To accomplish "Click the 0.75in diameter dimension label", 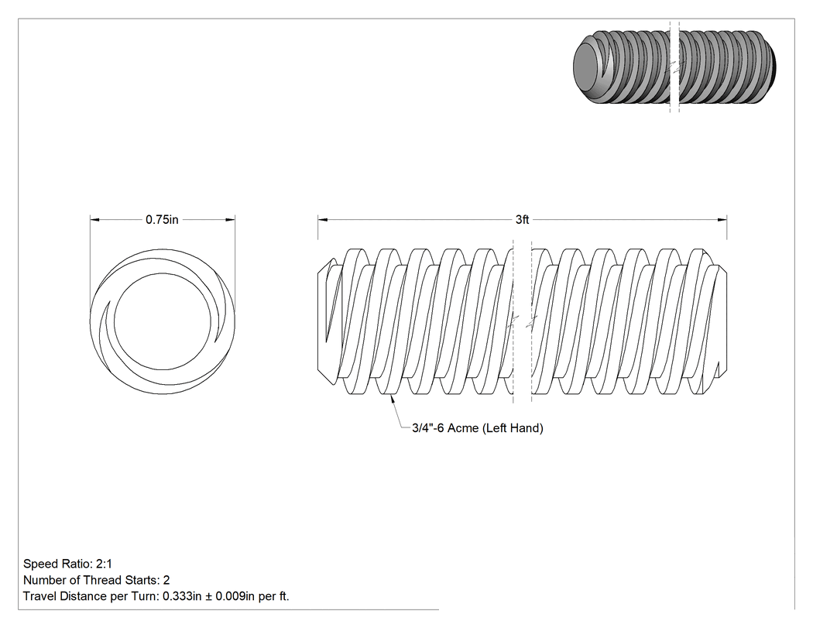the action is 162,220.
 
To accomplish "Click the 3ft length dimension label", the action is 522,220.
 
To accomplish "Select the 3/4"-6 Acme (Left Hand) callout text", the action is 478,428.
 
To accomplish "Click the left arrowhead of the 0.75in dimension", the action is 95,219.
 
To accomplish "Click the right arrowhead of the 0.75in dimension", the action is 230,219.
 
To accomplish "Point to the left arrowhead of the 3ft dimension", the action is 323,219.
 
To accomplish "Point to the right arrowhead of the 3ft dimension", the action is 722,219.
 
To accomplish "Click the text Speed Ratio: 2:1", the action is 67,564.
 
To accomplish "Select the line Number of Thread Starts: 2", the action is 97,580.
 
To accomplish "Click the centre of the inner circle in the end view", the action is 163,321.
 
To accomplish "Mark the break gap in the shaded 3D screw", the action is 674,67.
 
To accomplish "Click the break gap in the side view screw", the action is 522,321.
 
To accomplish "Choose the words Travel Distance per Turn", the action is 89,596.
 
